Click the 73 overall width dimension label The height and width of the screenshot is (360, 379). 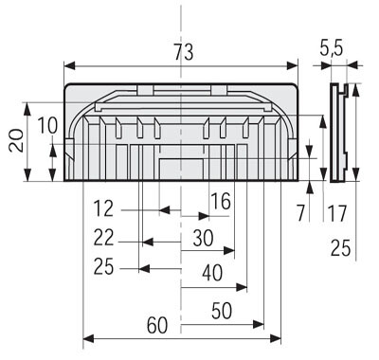tap(184, 52)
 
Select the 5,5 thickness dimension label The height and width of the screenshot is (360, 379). tap(331, 48)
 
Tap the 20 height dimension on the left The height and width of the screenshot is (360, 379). tap(16, 141)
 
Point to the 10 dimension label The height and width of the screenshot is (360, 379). tap(47, 125)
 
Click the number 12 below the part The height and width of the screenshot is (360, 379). tap(103, 208)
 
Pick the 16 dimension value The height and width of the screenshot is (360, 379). tap(221, 202)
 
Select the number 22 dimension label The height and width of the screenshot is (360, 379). tap(103, 238)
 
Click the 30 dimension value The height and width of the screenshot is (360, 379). tap(203, 238)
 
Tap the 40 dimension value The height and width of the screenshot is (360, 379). tap(212, 273)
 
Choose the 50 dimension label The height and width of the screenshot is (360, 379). tap(222, 311)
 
